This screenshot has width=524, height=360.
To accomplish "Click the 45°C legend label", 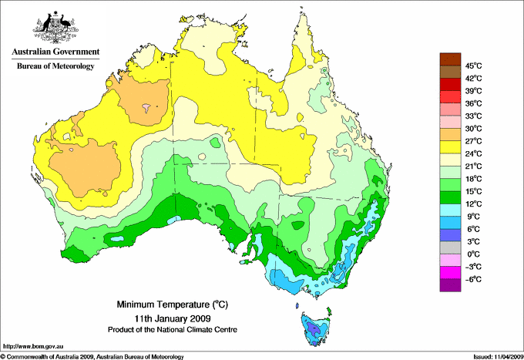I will tap(473, 66).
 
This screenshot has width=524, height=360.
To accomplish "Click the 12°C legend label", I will tap(473, 204).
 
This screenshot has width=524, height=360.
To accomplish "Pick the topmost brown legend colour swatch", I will tap(449, 59).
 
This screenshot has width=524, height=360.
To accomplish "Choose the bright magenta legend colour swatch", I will tap(449, 272).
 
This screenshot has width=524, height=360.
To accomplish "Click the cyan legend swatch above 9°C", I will tap(449, 210).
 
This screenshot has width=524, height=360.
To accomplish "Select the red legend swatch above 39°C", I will tap(449, 84).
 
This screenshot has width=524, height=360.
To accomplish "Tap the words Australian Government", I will tap(55, 52).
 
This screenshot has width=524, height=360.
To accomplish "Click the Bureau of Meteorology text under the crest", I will tap(55, 66).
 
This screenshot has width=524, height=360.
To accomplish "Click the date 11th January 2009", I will tap(163, 318).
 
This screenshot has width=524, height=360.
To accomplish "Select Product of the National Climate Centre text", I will tap(163, 329).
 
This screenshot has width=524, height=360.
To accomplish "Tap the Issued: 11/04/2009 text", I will tap(496, 356).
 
